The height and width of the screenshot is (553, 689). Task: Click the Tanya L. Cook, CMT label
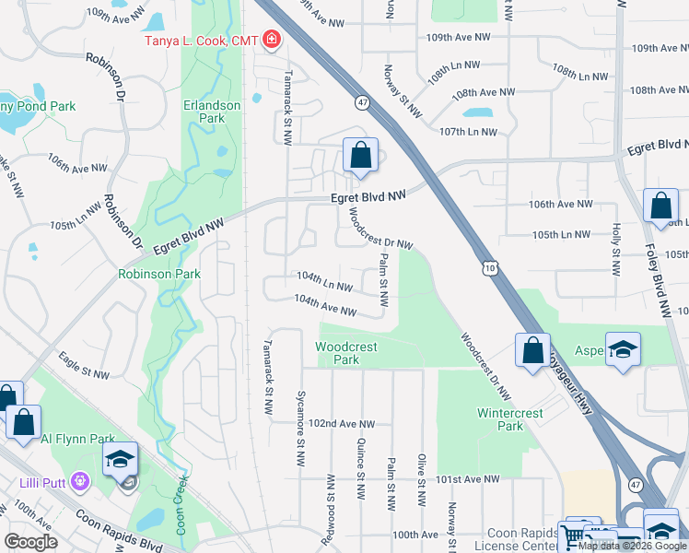200,40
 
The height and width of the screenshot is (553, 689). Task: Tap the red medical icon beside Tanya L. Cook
272,39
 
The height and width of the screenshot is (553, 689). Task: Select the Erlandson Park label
212,112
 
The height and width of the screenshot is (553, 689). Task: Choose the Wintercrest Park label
500,419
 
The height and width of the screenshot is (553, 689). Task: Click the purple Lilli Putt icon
80,481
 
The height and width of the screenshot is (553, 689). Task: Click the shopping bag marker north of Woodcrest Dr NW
361,155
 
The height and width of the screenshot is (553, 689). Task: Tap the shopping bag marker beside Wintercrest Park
532,350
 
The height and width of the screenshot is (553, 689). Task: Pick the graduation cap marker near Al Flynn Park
120,461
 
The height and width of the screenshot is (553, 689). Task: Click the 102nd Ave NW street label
342,423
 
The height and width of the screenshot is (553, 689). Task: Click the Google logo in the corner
31,542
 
